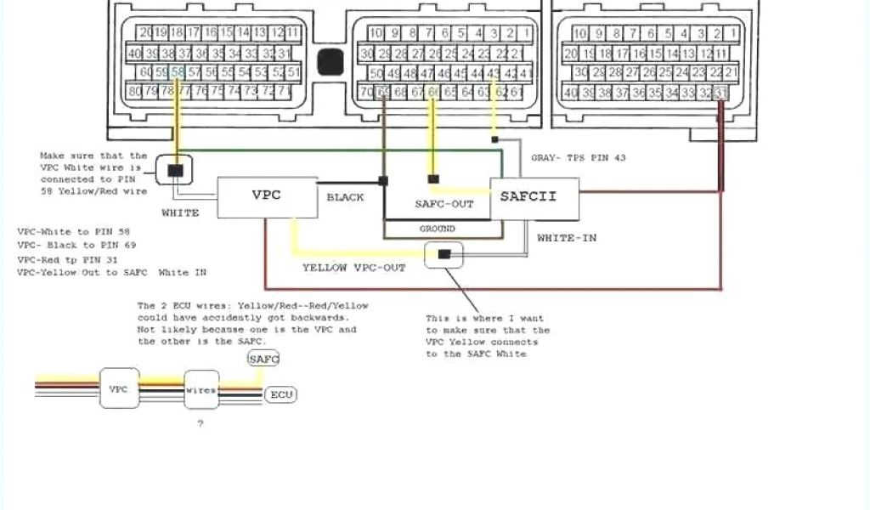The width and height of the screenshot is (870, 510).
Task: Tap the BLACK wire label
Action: (345, 197)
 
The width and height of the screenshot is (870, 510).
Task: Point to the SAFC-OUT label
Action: (444, 204)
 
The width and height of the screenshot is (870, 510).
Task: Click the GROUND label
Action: (437, 229)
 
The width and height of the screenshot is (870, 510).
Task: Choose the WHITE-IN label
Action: (567, 238)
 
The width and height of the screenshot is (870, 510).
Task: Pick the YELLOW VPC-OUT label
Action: (353, 268)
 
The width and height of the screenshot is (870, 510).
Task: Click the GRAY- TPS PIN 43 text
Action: (578, 158)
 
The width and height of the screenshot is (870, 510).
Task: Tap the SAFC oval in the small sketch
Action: (263, 360)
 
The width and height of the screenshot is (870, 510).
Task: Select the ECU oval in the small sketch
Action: (280, 394)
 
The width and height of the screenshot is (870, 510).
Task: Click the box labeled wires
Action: (201, 389)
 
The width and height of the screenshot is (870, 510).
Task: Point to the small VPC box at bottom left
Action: (119, 388)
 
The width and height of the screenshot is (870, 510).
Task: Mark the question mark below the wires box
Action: (201, 423)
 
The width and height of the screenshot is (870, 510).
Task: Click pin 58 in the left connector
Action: (178, 71)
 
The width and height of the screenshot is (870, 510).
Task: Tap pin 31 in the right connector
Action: (721, 92)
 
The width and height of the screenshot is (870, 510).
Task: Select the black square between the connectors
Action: (330, 62)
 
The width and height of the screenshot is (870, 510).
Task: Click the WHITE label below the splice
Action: (180, 212)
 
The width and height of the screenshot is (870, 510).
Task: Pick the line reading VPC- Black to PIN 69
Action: (76, 245)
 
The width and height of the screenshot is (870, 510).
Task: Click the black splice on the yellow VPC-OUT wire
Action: (443, 253)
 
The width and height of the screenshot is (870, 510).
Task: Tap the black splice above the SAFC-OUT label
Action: (434, 178)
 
